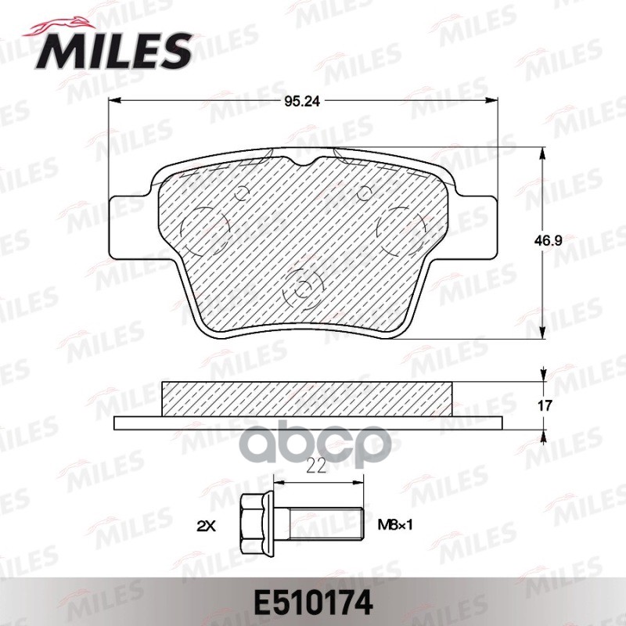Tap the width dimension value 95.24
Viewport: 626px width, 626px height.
tap(304, 101)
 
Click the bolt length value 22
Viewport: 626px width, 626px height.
tap(316, 467)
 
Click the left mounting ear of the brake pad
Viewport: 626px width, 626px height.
tap(128, 225)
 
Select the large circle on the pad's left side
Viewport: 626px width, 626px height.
tap(204, 229)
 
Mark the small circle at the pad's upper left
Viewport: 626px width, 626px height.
tap(241, 192)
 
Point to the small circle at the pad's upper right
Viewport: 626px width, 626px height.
tap(364, 192)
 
